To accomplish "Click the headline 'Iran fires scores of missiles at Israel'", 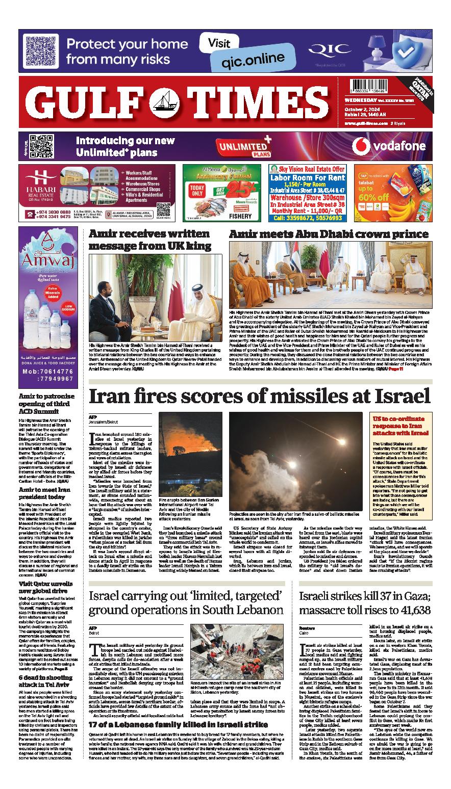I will tap(260, 396).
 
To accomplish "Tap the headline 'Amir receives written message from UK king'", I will tap(149, 240).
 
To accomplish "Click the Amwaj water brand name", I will tap(47, 263).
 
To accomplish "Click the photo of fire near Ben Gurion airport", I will tap(190, 454).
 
